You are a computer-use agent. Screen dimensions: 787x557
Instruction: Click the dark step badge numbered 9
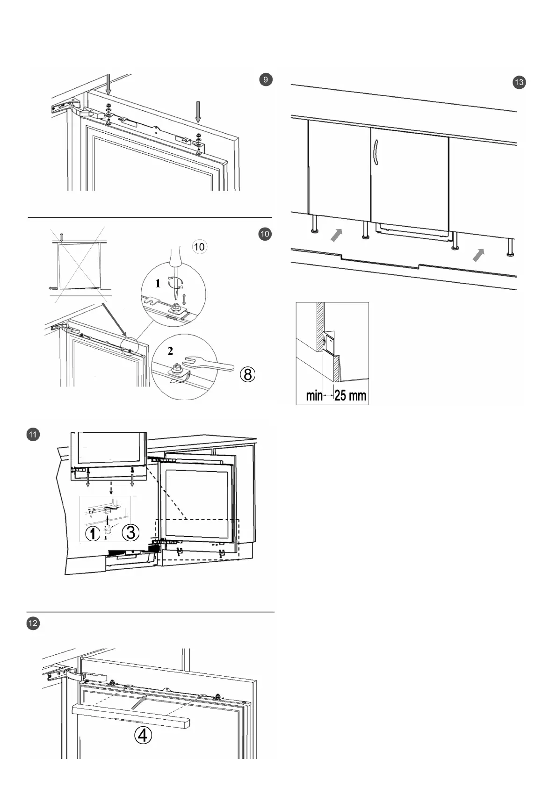(x=266, y=79)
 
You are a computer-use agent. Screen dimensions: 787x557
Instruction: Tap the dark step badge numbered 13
(x=519, y=83)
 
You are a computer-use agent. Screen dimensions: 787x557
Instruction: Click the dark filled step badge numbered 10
(x=265, y=234)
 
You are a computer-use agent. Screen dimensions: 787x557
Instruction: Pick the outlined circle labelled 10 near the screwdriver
(x=199, y=246)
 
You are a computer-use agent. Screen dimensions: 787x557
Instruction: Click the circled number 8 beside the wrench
(x=248, y=374)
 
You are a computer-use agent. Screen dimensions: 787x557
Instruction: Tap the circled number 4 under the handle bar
(x=143, y=736)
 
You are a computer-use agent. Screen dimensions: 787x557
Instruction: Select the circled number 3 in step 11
(x=130, y=532)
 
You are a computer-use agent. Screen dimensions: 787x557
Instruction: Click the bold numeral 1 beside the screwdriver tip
(x=158, y=283)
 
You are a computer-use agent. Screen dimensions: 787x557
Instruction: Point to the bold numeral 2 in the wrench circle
(x=170, y=351)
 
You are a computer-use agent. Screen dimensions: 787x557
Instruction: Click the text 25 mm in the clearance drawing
(x=350, y=395)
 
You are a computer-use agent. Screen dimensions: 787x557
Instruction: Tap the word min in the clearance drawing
(x=314, y=396)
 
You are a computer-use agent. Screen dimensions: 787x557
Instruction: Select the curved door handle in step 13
(x=376, y=152)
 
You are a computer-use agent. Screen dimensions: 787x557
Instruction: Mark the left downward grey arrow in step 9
(x=108, y=86)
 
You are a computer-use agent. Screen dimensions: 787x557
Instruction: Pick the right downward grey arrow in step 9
(x=198, y=112)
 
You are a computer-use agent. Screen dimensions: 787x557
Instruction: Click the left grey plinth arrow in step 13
(x=337, y=235)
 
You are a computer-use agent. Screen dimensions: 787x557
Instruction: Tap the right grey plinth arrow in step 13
(x=478, y=255)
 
